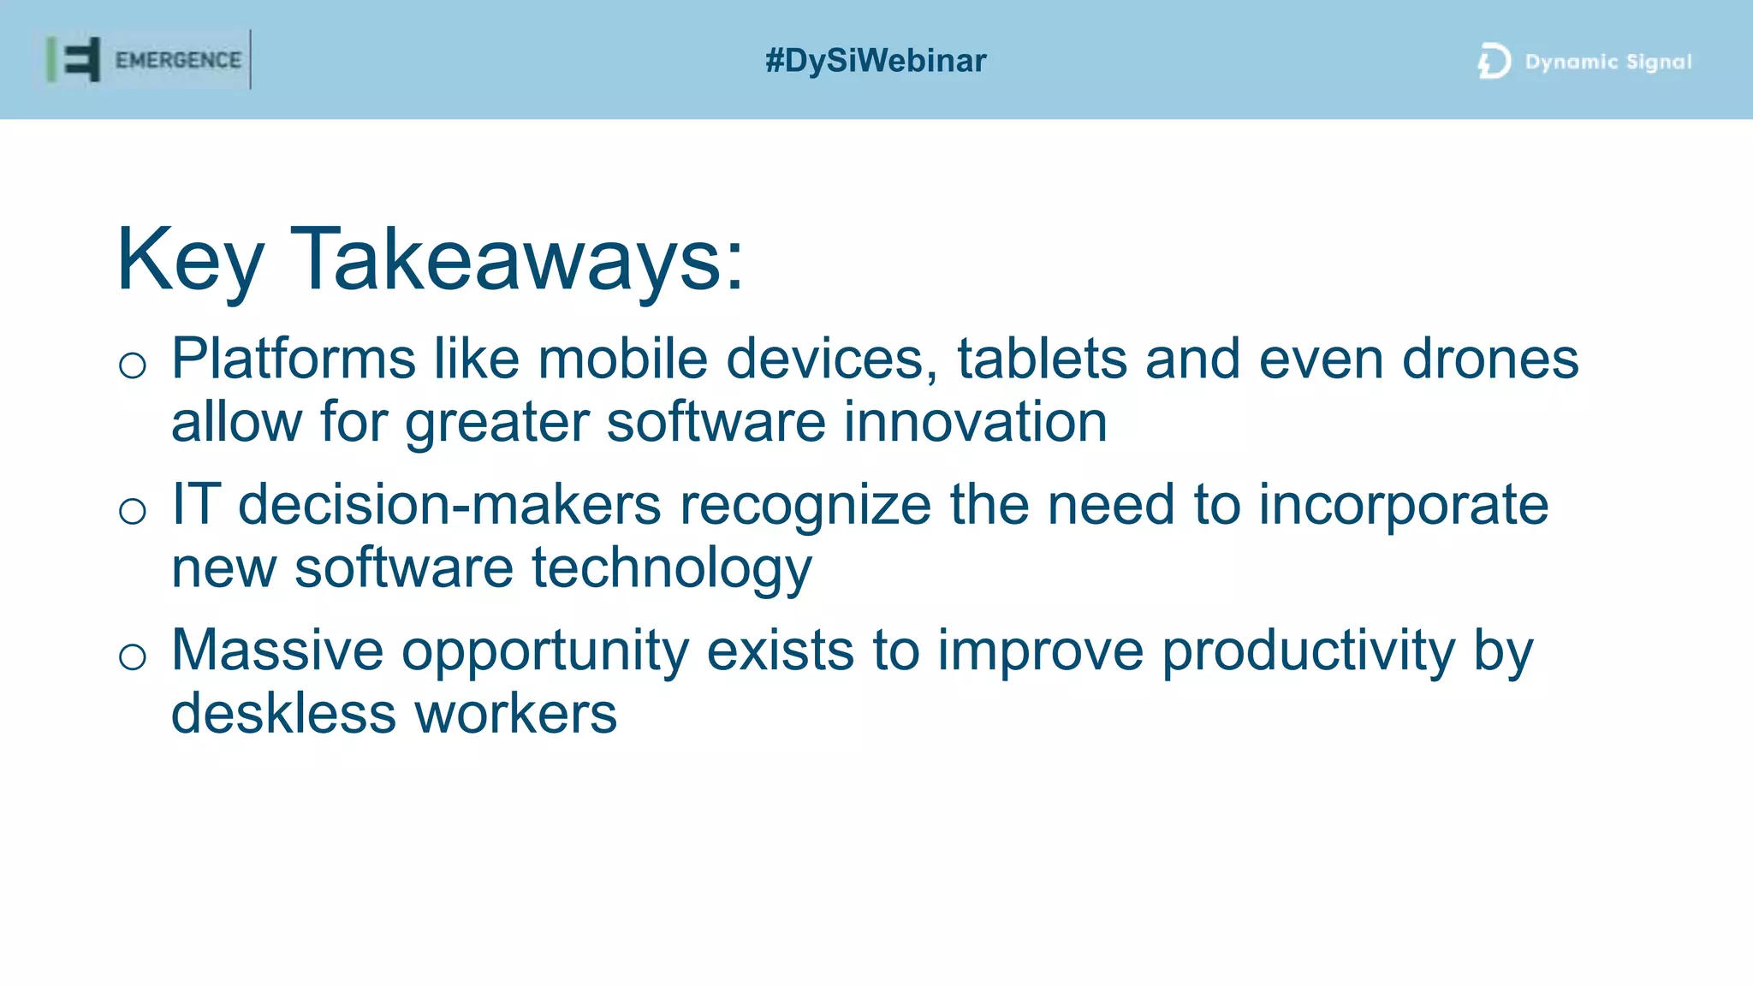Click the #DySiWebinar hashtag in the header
tap(876, 61)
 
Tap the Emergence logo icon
tap(74, 60)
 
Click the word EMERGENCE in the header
tap(178, 60)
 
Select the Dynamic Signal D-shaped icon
tap(1494, 61)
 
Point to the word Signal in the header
tap(1658, 62)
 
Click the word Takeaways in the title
tap(517, 259)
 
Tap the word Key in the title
tap(190, 259)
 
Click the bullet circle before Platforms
tap(133, 365)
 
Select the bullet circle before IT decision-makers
tap(133, 511)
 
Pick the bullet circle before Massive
tap(133, 656)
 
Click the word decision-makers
tap(449, 504)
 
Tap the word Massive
tap(277, 650)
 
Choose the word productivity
tap(1307, 650)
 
